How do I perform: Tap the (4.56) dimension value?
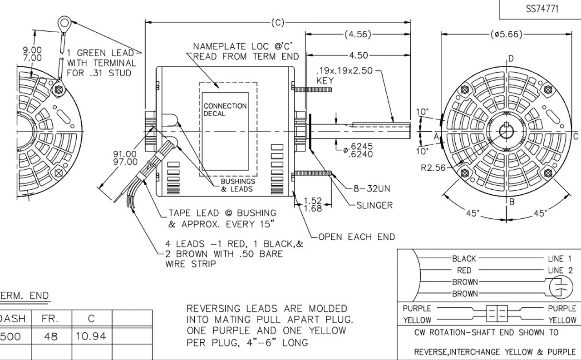pyautogui.click(x=358, y=34)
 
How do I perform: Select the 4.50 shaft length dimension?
pyautogui.click(x=358, y=55)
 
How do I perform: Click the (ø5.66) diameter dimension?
pyautogui.click(x=506, y=34)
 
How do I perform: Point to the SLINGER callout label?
pyautogui.click(x=374, y=205)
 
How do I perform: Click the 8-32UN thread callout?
pyautogui.click(x=371, y=188)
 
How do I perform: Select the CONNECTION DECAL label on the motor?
pyautogui.click(x=225, y=110)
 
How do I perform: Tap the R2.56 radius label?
pyautogui.click(x=433, y=168)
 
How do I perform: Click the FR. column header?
pyautogui.click(x=49, y=318)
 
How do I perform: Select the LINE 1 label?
pyautogui.click(x=560, y=259)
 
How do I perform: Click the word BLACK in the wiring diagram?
pyautogui.click(x=464, y=259)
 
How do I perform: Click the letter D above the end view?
pyautogui.click(x=511, y=59)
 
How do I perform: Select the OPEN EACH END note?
pyautogui.click(x=356, y=237)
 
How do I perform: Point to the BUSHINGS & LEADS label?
pyautogui.click(x=237, y=185)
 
